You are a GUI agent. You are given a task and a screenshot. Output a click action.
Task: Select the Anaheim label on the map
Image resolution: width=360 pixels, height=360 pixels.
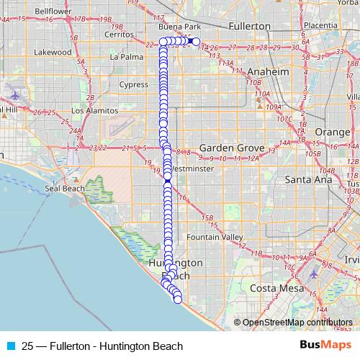point(267,73)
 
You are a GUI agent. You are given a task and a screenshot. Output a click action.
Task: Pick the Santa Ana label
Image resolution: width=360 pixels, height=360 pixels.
point(308,179)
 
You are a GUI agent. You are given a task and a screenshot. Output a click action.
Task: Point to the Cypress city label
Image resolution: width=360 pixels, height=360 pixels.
point(134,84)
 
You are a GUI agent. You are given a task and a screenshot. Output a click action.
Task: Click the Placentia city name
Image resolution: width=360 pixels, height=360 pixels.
point(321,25)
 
